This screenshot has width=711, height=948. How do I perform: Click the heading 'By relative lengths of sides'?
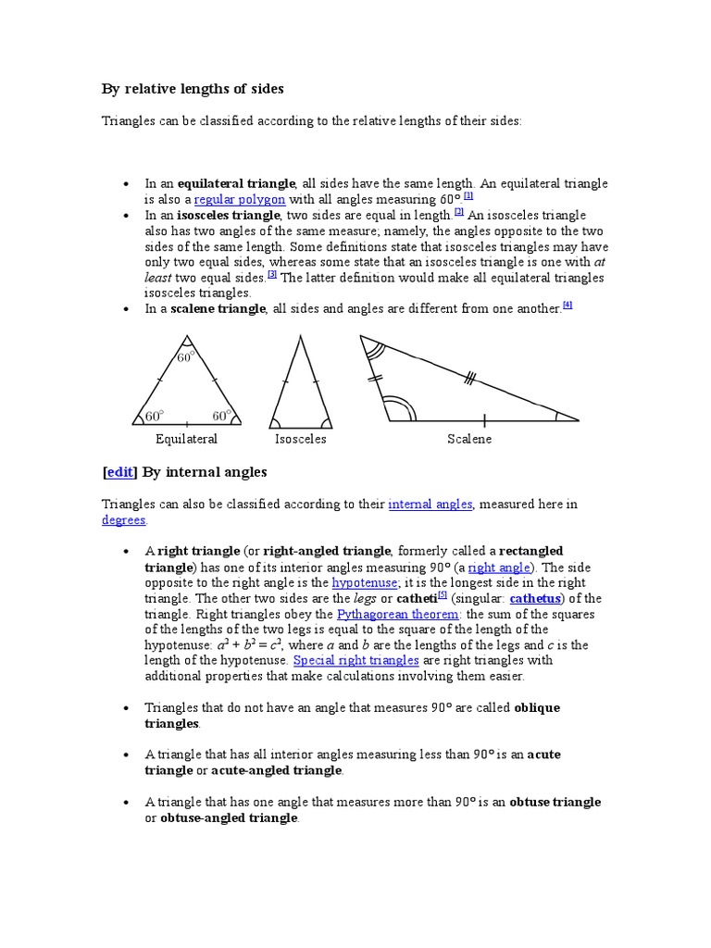(x=193, y=90)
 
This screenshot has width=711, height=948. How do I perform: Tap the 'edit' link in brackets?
(x=119, y=472)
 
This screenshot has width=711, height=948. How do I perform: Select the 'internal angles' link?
(x=430, y=505)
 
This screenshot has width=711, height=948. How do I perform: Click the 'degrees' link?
(x=123, y=520)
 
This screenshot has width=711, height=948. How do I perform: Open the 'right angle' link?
(x=499, y=568)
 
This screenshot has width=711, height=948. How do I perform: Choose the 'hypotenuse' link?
(x=365, y=583)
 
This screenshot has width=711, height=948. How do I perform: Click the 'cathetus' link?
(x=539, y=599)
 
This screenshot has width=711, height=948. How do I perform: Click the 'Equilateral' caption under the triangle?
(x=186, y=439)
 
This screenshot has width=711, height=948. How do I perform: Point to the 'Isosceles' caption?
(x=300, y=439)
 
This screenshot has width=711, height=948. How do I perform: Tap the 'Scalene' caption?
(x=469, y=439)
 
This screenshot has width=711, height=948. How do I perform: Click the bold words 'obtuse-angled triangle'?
(x=229, y=818)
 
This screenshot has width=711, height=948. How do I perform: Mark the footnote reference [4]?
(x=568, y=306)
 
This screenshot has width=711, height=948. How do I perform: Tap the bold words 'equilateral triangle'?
(x=236, y=183)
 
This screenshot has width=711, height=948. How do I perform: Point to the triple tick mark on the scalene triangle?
(x=470, y=377)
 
